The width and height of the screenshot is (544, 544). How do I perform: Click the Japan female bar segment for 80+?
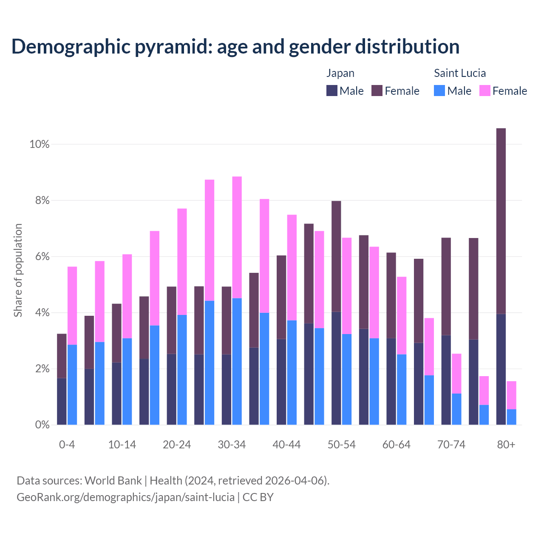[x=501, y=221]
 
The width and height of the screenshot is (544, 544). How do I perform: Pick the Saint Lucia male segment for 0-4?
[x=72, y=384]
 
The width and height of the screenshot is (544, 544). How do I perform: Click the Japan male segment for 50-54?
[x=336, y=368]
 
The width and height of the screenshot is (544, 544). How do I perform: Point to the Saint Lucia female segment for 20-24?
[x=182, y=261]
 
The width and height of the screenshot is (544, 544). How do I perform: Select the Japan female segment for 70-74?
[x=446, y=286]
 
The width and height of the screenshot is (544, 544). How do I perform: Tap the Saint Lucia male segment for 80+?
[x=511, y=416]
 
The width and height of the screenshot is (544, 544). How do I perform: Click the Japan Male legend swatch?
[x=331, y=91]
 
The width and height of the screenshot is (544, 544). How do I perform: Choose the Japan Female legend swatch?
[x=377, y=91]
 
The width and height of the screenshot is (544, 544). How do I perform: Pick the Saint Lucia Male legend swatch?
[x=439, y=91]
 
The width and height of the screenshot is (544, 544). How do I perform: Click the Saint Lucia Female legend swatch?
[x=484, y=91]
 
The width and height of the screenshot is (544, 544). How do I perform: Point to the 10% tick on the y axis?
[x=40, y=144]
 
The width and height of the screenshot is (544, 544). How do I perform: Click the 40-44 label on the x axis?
[x=286, y=445]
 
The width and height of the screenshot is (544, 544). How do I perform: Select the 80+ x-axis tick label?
[x=506, y=445]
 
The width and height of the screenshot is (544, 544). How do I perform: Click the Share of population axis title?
[x=18, y=270]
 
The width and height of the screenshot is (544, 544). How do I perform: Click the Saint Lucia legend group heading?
[x=459, y=73]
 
